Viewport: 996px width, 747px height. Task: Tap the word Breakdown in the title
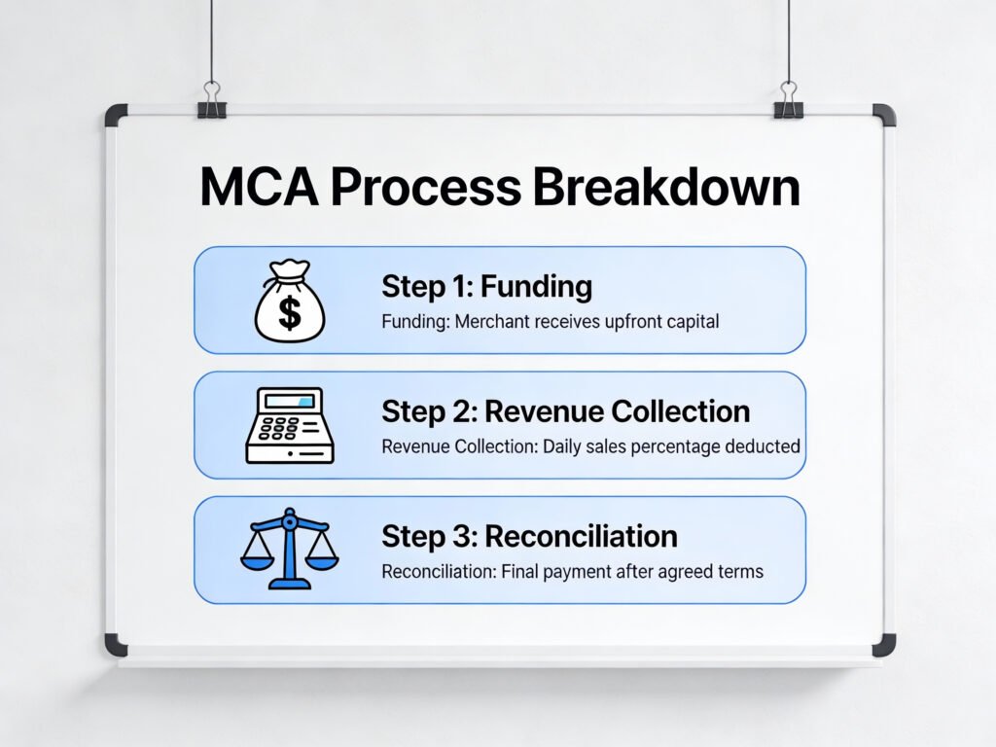666,187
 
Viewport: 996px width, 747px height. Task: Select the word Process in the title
424,189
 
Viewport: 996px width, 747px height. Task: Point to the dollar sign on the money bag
290,314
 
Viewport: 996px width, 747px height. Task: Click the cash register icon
291,425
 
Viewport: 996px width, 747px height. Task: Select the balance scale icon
289,551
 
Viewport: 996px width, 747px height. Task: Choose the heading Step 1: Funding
486,287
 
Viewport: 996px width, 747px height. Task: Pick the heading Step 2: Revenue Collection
565,411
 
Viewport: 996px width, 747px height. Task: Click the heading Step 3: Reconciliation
529,536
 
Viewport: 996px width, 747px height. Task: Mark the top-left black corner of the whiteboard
116,115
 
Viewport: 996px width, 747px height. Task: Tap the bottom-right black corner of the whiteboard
883,645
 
